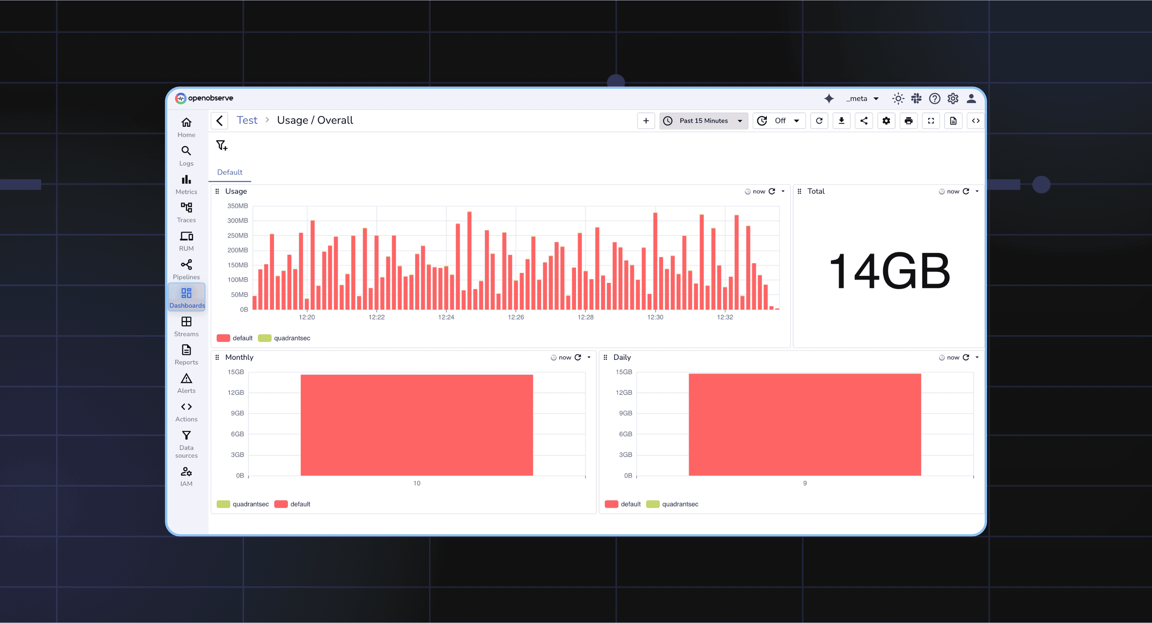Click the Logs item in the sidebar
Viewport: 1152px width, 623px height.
[x=186, y=155]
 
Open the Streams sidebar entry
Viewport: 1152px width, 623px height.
[x=186, y=326]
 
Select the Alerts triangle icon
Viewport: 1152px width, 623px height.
[x=186, y=379]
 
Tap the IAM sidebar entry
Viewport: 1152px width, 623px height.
[x=186, y=476]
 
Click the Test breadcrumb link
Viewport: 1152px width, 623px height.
[x=247, y=120]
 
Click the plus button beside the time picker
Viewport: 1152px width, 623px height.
[x=646, y=121]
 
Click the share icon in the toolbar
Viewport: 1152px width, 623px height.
[x=864, y=121]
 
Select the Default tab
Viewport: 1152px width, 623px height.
[x=229, y=172]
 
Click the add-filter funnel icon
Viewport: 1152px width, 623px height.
[x=221, y=145]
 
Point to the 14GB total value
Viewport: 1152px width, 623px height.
[x=889, y=270]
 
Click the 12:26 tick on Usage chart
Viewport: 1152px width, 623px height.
[x=516, y=317]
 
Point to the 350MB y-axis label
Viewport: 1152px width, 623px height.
[x=237, y=206]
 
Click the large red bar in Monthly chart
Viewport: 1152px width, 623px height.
[x=416, y=425]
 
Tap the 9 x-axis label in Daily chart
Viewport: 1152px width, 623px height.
[x=805, y=483]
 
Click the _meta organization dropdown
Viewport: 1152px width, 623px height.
[x=862, y=98]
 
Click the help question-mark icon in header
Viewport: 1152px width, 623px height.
[x=934, y=98]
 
